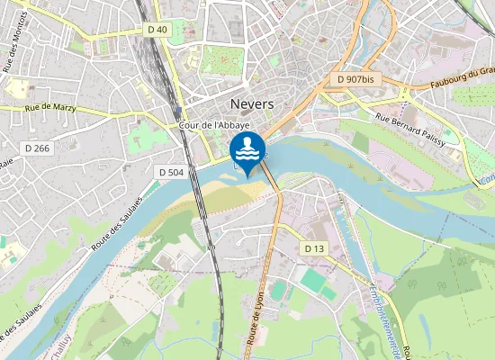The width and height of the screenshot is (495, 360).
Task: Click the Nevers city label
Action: coord(252,103)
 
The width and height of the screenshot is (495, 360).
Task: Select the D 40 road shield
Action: coord(157,30)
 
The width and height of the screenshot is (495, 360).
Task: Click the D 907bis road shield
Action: coord(355,79)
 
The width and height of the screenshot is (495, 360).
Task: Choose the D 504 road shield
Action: coord(170,171)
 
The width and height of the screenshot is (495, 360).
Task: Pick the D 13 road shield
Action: coord(314,247)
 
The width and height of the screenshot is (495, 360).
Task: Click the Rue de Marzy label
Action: coord(50,108)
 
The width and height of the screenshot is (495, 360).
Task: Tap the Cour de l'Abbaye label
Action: coord(213,125)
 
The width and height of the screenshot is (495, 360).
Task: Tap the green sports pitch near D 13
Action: coord(314,281)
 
